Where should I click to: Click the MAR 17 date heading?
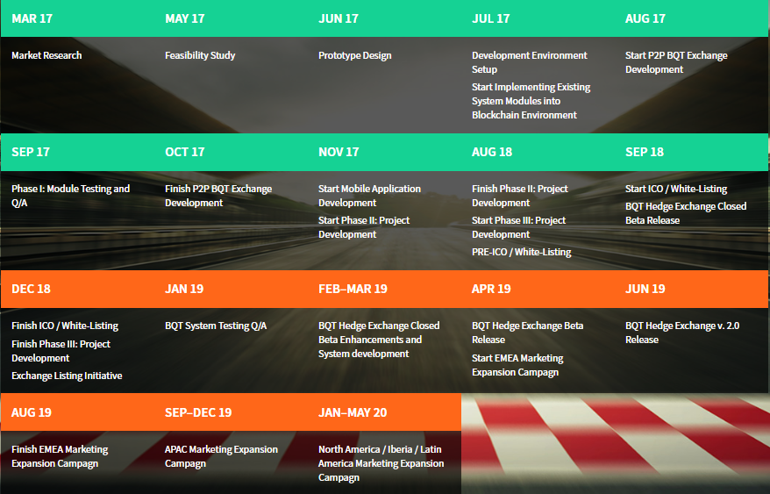(32, 18)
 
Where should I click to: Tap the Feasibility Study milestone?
(200, 55)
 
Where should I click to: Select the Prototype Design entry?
(354, 55)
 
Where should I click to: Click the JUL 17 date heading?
(490, 18)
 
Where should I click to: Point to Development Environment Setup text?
(530, 62)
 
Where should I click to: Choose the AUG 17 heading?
(645, 18)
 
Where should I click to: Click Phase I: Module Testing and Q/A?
(71, 196)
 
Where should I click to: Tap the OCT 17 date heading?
(185, 152)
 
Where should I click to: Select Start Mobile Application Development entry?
(369, 196)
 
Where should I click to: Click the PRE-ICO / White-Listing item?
(522, 252)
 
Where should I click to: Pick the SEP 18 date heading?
(645, 152)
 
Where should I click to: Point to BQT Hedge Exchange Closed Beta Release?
(686, 213)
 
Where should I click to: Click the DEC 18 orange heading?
(31, 289)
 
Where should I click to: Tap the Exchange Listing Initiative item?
(67, 376)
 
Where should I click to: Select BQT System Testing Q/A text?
(216, 326)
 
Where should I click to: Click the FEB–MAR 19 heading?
(353, 289)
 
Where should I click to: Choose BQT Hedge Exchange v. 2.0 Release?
(682, 333)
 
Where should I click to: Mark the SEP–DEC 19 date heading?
(198, 412)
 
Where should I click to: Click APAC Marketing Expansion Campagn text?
(222, 456)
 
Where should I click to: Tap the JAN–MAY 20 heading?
(353, 412)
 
